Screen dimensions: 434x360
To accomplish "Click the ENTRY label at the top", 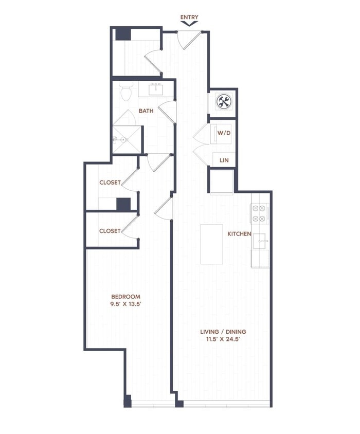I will click(189, 17).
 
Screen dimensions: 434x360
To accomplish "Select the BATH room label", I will click(146, 111).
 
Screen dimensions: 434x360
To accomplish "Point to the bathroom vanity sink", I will click(155, 90).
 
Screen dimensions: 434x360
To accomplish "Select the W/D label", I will click(224, 133).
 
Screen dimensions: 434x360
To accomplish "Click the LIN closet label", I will click(224, 160).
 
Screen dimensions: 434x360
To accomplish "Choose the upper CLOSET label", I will click(110, 183).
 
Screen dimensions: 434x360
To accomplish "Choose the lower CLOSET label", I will click(110, 231).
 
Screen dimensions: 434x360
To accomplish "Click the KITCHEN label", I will click(239, 234).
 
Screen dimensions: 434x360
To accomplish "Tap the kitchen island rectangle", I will click(211, 244).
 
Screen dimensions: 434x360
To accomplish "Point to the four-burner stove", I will click(259, 213).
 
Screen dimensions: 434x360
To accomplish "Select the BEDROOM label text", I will click(126, 297).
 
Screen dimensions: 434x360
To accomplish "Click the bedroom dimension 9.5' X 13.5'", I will click(126, 304).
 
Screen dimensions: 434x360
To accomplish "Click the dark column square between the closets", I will click(123, 204).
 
